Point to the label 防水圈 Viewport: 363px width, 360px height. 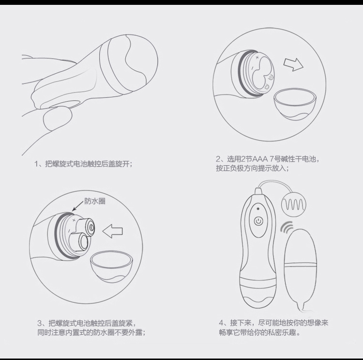(x=95, y=201)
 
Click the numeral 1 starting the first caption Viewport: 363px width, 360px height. (x=36, y=164)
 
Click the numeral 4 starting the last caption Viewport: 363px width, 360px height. (x=221, y=323)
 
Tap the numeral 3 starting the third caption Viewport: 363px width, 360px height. (x=40, y=323)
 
